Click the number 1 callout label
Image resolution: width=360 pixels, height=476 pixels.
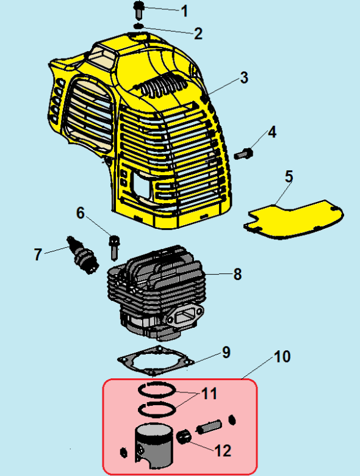click(x=184, y=11)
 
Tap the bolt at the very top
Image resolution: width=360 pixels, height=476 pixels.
click(x=139, y=9)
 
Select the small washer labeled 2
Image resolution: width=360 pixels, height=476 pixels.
click(x=139, y=26)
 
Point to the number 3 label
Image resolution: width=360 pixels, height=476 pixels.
click(x=244, y=78)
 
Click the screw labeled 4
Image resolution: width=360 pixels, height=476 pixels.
click(x=243, y=153)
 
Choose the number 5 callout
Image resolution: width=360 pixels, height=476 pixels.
click(x=289, y=176)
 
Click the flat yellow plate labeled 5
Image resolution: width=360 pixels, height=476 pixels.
click(x=293, y=219)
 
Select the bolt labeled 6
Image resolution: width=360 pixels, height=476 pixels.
click(x=114, y=247)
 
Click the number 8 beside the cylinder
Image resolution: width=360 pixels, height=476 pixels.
click(x=237, y=274)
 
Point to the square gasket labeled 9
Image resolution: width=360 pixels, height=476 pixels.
click(x=156, y=361)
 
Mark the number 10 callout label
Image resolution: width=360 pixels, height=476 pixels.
click(x=283, y=357)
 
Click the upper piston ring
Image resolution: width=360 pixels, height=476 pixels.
click(x=157, y=390)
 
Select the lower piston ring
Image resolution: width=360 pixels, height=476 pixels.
click(x=157, y=409)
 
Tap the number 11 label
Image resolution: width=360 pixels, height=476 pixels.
click(x=209, y=394)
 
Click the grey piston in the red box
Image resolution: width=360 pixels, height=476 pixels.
click(x=154, y=445)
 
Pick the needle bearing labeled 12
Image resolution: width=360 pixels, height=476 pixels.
click(x=184, y=436)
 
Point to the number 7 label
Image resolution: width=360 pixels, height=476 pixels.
click(x=38, y=254)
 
